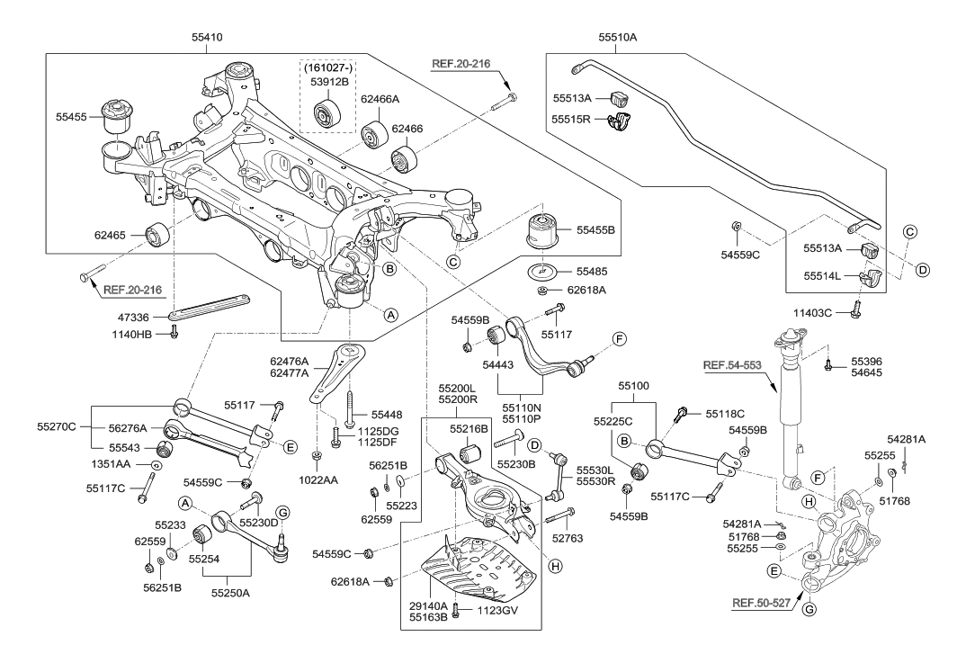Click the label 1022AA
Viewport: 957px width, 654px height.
[319, 480]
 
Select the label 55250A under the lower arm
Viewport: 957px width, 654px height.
[232, 594]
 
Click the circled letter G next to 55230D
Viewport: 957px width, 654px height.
[282, 513]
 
